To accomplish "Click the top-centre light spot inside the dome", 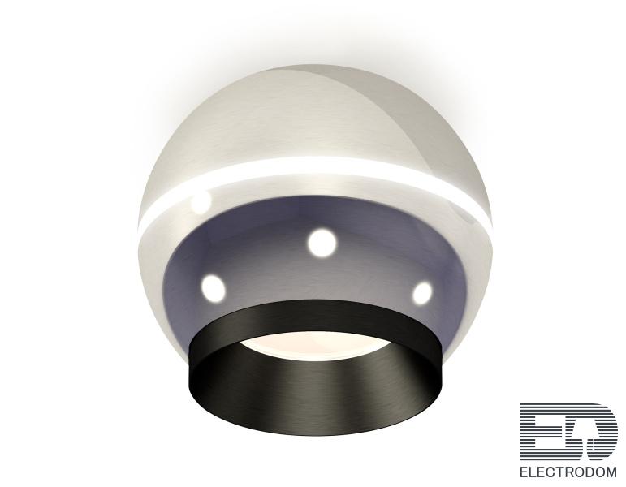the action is click(x=322, y=243).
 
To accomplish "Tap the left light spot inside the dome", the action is click(x=213, y=287).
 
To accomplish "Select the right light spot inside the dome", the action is click(x=422, y=292).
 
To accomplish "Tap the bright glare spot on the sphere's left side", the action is click(x=201, y=202).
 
